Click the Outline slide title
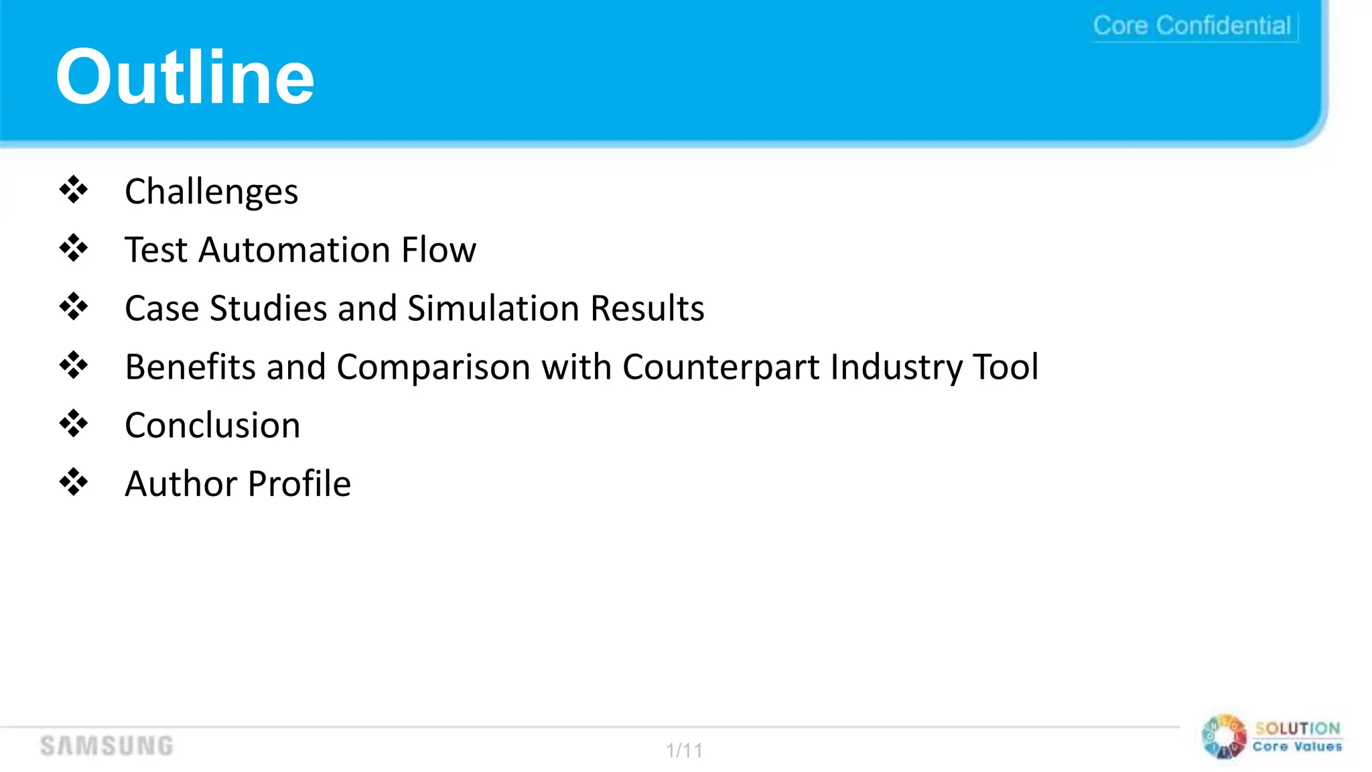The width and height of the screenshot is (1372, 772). pos(185,77)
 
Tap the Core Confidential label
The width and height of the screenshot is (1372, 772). pos(1192,25)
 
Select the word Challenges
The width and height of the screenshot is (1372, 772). pos(211,192)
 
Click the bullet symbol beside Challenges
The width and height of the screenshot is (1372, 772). pos(74,190)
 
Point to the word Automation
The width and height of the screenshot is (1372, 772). pos(295,250)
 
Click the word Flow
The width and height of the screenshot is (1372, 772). pos(439,250)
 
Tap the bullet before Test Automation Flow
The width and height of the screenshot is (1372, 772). pos(74,249)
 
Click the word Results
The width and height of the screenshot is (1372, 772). pos(647,308)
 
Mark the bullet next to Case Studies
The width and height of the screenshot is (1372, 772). pos(74,307)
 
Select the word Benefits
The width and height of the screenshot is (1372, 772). pos(190,367)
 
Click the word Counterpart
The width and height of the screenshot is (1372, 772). pos(721,367)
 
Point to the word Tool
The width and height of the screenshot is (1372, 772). pos(1006,367)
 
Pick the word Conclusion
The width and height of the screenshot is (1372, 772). pos(212,426)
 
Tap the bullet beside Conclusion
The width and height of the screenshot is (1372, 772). pos(74,424)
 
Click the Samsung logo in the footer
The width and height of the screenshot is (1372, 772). pos(107,746)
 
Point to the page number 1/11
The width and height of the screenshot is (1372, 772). pos(684,750)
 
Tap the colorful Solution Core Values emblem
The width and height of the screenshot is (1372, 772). pos(1224,737)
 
